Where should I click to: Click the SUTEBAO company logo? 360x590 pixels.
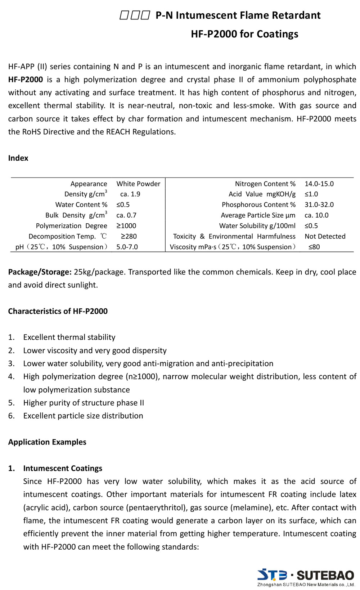(x=306, y=577)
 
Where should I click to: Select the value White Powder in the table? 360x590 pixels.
(x=138, y=184)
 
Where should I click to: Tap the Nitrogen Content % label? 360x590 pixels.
(x=265, y=184)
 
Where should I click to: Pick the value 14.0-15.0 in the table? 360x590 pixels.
(x=319, y=184)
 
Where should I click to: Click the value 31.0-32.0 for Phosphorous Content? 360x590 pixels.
(x=319, y=205)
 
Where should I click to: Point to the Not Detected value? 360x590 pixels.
(x=325, y=236)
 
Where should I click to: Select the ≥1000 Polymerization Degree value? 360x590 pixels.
(x=126, y=226)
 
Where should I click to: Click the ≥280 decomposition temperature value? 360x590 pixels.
(x=129, y=236)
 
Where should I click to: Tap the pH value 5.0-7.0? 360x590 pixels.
(x=127, y=247)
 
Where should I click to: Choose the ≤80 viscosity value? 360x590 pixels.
(x=314, y=247)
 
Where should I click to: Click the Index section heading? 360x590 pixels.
(x=18, y=158)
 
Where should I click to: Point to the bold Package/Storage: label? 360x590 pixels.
(x=40, y=272)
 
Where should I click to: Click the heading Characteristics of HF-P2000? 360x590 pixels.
(x=58, y=311)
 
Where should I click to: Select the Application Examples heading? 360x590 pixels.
(x=47, y=442)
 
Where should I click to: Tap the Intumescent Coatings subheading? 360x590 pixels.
(x=63, y=468)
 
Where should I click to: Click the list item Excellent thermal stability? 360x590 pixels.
(x=69, y=338)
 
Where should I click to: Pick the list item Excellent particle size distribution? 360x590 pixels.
(x=83, y=416)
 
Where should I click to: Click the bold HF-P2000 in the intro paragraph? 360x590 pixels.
(x=25, y=80)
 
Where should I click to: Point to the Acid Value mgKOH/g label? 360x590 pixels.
(x=262, y=194)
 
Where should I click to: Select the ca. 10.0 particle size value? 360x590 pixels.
(x=316, y=215)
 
